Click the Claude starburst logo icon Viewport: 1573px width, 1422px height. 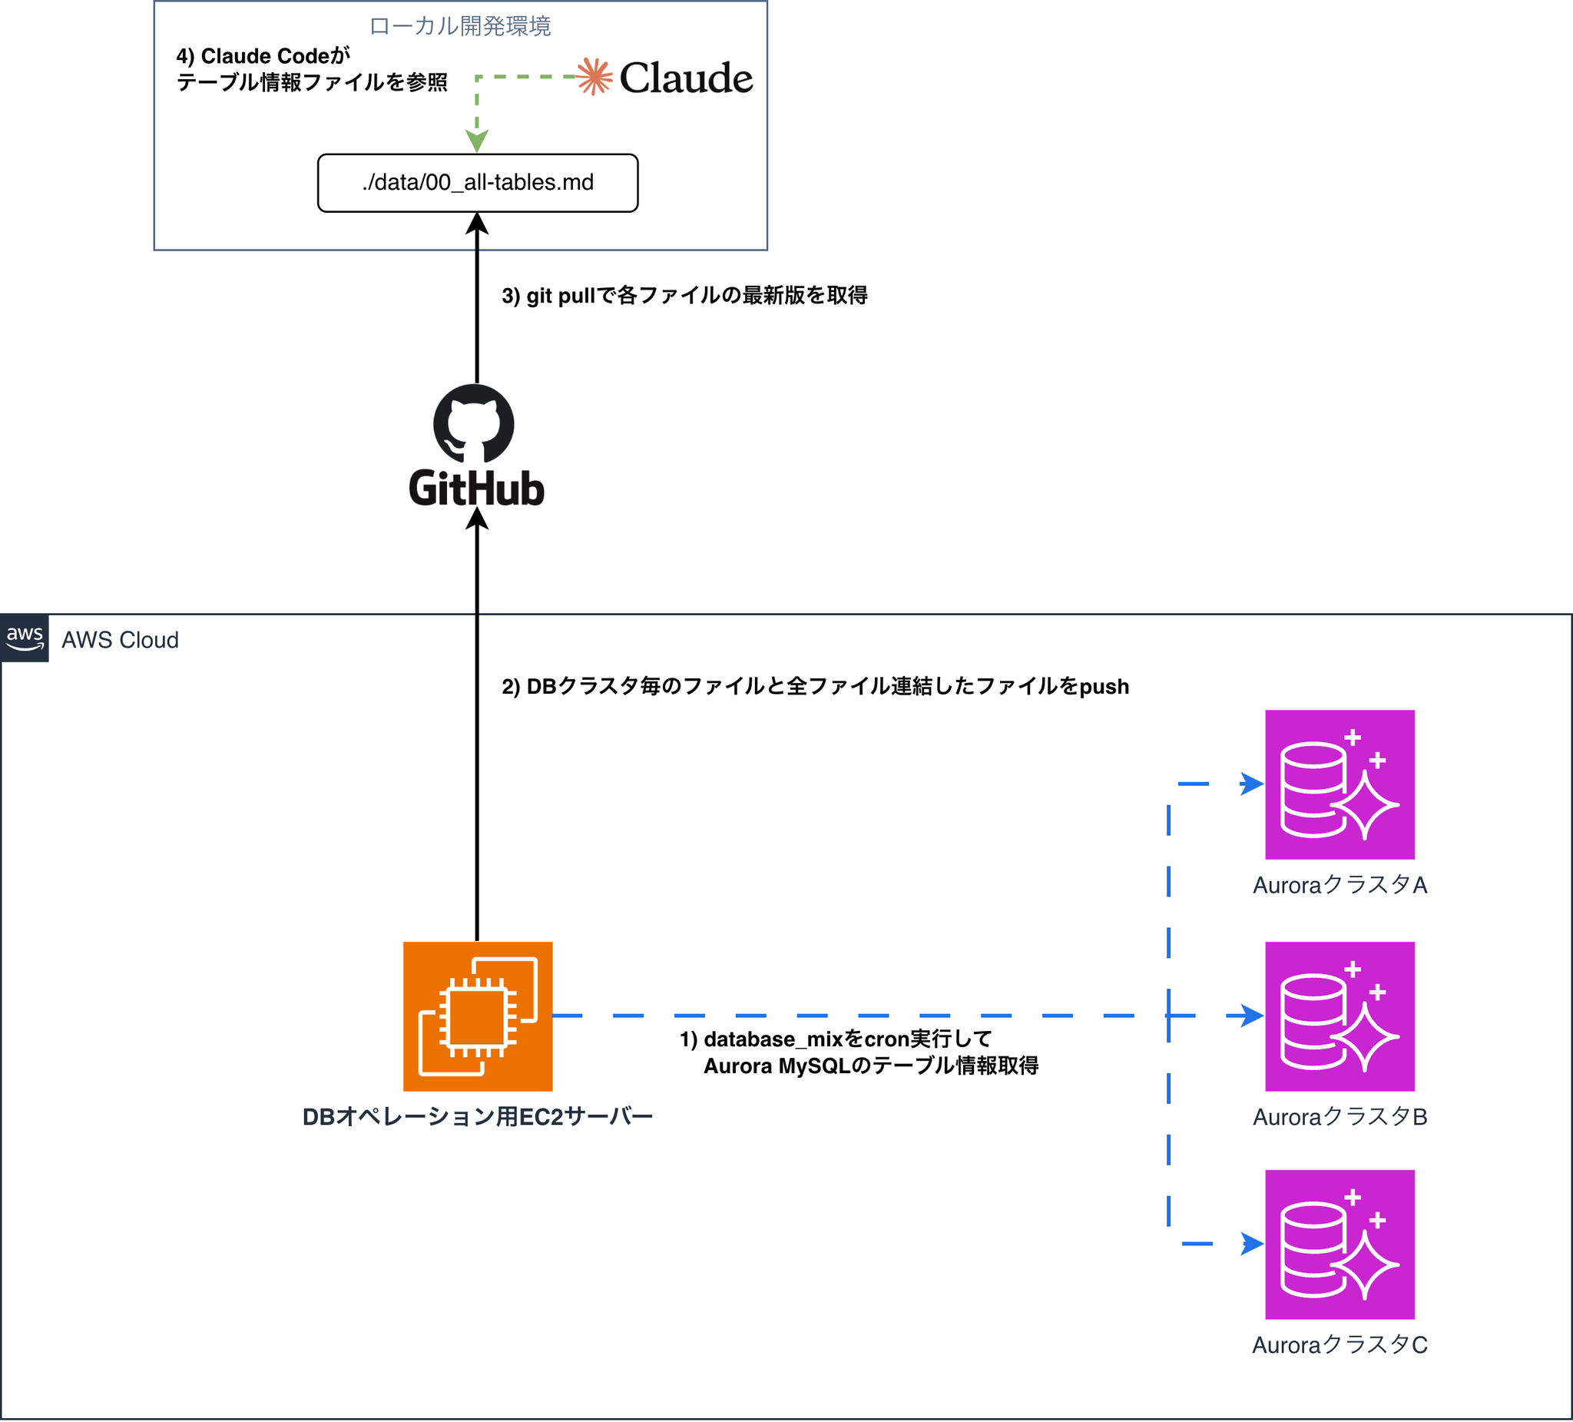click(594, 77)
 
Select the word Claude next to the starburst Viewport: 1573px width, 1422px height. click(686, 78)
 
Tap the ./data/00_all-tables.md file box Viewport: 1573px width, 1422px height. click(478, 183)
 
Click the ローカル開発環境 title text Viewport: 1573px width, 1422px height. click(459, 27)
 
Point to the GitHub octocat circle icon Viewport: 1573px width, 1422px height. click(474, 424)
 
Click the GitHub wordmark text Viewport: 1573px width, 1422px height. click(476, 489)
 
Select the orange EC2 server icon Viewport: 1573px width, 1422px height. click(478, 1016)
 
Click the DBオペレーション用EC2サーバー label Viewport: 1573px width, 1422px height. click(478, 1117)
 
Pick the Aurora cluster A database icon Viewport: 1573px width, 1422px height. click(1339, 784)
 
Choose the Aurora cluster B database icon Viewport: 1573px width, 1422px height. click(1339, 1016)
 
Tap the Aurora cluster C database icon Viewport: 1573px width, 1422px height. click(1339, 1244)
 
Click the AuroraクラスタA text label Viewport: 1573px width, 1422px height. click(1339, 885)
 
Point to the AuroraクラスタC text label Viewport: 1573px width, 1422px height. click(1339, 1344)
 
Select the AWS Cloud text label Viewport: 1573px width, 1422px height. click(120, 640)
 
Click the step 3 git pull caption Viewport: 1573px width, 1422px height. click(684, 296)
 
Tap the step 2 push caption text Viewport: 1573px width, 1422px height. click(815, 686)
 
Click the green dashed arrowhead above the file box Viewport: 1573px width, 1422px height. click(477, 141)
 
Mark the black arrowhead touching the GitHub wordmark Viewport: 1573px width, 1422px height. click(477, 519)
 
